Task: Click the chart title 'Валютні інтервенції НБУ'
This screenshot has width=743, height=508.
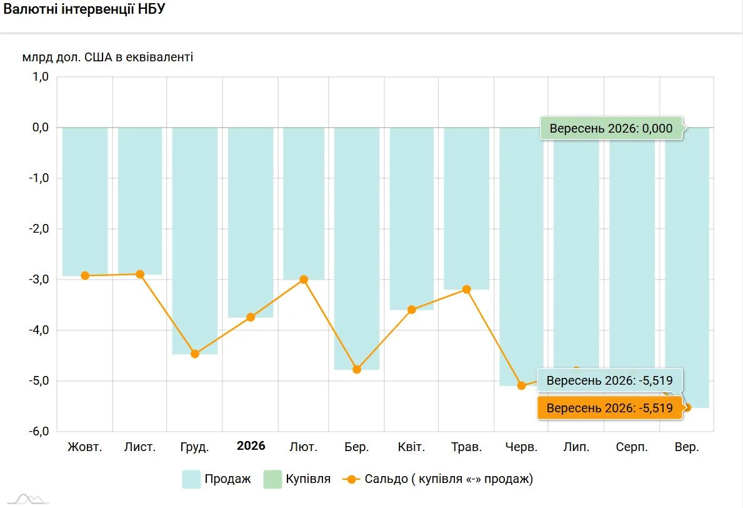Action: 84,9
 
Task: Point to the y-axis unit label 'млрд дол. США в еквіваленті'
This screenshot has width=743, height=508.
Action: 107,58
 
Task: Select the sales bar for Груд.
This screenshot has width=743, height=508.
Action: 195,241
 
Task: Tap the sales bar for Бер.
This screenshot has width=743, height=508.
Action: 357,248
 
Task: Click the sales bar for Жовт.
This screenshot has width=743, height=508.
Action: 85,201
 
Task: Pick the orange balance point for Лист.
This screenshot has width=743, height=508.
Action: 140,274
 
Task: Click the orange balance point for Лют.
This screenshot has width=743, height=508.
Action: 304,280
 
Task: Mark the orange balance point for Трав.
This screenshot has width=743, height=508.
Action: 467,289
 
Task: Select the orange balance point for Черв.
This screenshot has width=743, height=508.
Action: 522,385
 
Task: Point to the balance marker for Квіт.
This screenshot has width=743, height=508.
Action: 412,310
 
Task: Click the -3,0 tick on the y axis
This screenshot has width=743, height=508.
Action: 39,280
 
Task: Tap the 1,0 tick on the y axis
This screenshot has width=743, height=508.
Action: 40,76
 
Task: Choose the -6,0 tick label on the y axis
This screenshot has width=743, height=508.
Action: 39,432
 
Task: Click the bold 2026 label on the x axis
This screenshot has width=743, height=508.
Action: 251,446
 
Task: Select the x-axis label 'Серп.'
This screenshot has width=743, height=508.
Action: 632,447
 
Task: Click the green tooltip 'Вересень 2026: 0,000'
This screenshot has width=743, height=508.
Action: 611,128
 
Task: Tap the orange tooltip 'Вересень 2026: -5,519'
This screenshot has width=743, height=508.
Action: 610,408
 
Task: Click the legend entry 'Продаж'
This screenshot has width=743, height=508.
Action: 217,479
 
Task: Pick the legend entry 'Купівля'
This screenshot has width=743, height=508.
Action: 297,479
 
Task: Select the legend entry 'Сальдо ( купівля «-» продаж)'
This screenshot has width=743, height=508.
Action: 438,479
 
